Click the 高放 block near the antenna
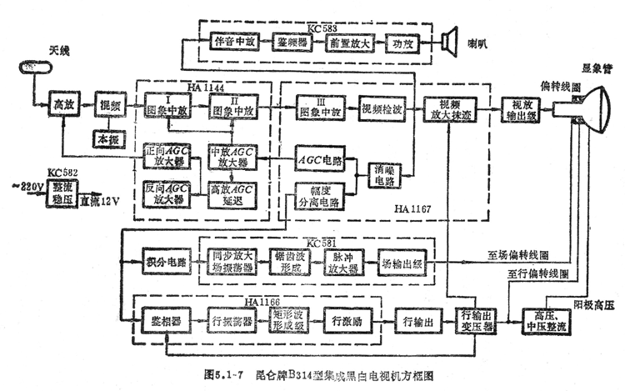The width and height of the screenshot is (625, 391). (63, 105)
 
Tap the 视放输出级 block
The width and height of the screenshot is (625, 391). (522, 109)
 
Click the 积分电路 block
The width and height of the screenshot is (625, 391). (162, 261)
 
